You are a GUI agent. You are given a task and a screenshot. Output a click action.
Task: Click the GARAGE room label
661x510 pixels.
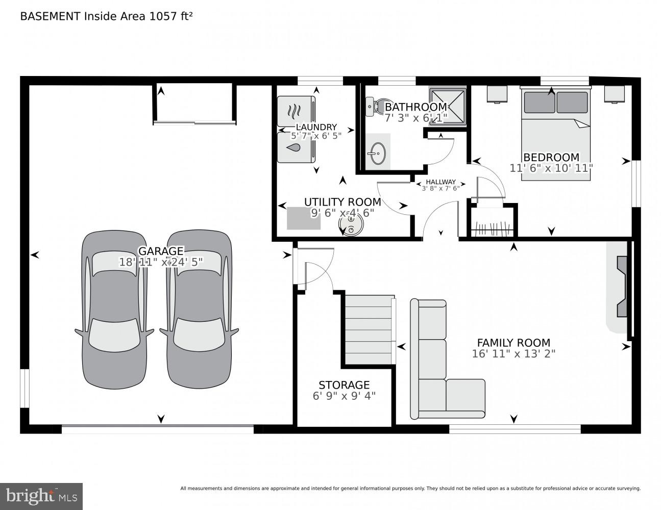point(161,251)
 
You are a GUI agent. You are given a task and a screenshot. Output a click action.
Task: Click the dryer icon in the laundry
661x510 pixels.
point(296,111)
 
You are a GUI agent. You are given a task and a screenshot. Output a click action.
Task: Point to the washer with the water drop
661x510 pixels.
point(296,148)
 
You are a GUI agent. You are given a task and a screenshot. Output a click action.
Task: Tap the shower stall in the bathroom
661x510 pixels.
point(448,106)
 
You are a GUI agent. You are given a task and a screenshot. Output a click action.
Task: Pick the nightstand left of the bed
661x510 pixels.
point(497,94)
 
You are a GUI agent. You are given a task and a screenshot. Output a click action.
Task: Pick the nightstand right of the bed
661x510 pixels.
point(615,94)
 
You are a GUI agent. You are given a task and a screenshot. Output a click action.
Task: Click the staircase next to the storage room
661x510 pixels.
point(369,330)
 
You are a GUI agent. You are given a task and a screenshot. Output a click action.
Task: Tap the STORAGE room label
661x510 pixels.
point(344,385)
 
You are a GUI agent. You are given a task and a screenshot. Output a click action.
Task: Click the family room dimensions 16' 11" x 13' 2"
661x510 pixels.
point(513,353)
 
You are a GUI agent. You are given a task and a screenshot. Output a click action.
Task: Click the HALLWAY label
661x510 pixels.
point(440,182)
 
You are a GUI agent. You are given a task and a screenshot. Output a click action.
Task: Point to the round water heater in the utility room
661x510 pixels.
point(351,225)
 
